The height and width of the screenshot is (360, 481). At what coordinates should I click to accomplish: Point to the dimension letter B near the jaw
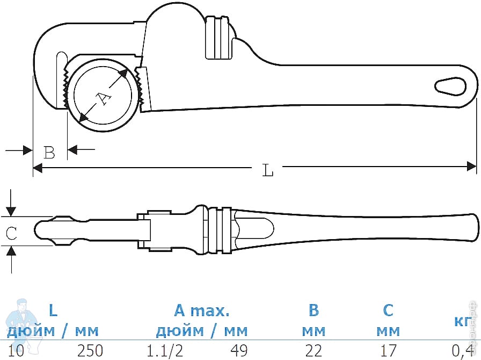pyautogui.click(x=49, y=153)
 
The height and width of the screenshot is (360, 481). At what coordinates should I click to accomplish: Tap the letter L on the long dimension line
pyautogui.click(x=268, y=170)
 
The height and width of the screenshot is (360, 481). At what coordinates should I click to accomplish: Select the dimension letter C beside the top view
pyautogui.click(x=11, y=233)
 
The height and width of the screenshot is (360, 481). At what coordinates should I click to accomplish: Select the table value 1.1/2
pyautogui.click(x=165, y=351)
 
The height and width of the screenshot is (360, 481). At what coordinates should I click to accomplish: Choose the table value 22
pyautogui.click(x=314, y=351)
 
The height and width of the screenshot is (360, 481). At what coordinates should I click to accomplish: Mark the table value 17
pyautogui.click(x=388, y=351)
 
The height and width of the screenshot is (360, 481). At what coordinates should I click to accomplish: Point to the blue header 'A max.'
pyautogui.click(x=202, y=310)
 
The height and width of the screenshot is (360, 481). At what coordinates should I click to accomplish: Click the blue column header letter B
pyautogui.click(x=314, y=310)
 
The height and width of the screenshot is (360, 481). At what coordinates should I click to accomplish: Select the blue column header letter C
pyautogui.click(x=388, y=310)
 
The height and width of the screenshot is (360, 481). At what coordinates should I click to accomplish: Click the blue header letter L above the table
pyautogui.click(x=53, y=310)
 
